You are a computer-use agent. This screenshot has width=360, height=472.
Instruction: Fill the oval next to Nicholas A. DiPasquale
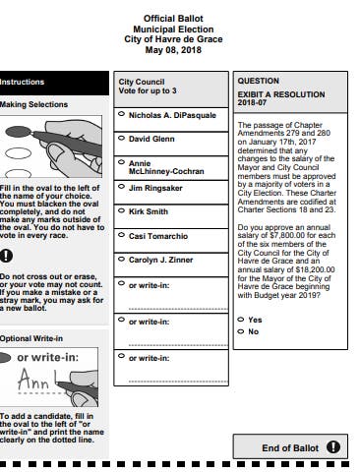(121, 114)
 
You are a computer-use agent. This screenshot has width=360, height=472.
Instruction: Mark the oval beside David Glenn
(121, 138)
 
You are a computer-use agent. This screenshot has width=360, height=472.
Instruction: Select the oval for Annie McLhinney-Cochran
(121, 162)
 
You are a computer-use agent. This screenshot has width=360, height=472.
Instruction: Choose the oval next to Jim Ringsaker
(121, 187)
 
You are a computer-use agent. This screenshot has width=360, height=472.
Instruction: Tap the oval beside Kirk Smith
(121, 210)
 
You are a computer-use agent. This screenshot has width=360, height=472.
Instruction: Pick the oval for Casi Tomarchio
(121, 235)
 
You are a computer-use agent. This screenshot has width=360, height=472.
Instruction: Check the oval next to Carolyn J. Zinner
(121, 260)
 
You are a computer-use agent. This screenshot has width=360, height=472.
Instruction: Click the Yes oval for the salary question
(241, 320)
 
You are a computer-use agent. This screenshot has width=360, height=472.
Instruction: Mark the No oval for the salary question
(241, 331)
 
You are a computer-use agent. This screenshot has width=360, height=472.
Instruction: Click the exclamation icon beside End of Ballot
(333, 447)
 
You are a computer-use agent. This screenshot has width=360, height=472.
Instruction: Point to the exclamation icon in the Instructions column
(6, 256)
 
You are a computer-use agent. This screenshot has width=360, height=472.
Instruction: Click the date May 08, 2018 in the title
(173, 50)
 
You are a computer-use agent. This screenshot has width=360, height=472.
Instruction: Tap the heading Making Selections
(33, 104)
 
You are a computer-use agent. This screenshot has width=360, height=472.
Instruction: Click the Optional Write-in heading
(31, 338)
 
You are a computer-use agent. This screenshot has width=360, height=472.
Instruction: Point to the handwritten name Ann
(33, 380)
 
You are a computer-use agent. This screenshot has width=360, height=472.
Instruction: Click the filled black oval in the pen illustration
(19, 132)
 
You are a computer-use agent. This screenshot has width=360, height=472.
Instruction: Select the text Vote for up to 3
(148, 90)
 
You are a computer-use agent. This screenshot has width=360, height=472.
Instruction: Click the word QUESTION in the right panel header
(259, 81)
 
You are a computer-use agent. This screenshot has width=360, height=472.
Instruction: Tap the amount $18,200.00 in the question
(315, 269)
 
